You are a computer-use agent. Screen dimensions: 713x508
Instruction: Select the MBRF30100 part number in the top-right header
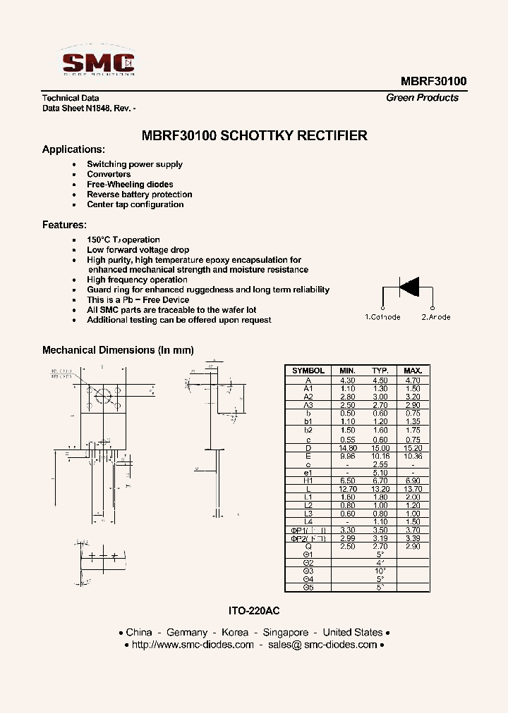point(433,81)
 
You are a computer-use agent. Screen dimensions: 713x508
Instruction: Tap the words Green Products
point(422,98)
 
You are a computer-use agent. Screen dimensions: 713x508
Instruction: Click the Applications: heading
point(73,149)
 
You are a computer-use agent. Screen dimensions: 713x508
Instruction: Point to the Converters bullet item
point(109,174)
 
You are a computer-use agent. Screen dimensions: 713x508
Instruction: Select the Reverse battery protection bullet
point(139,194)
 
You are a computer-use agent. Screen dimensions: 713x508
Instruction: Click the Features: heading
point(64,225)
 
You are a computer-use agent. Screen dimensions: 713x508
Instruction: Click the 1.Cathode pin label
point(382,317)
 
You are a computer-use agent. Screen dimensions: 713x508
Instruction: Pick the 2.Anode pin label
point(436,317)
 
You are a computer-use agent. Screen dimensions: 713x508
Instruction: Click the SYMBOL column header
point(308,371)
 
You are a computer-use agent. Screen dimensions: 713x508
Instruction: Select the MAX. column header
point(413,371)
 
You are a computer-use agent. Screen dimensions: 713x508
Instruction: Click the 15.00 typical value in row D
point(380,447)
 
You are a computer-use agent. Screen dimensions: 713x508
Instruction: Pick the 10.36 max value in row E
point(413,456)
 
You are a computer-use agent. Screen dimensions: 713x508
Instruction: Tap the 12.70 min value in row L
point(347,488)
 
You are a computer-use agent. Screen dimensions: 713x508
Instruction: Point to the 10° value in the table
point(380,571)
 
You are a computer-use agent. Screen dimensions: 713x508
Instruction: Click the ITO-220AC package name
point(254,611)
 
